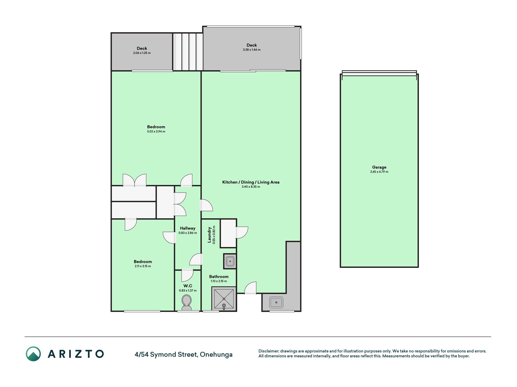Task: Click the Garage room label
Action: click(x=379, y=167)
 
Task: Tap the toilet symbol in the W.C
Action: click(x=187, y=303)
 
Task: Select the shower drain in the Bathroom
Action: click(x=224, y=306)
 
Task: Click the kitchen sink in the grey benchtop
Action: click(x=276, y=302)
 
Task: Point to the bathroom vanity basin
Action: click(x=230, y=261)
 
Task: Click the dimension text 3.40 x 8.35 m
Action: click(x=251, y=187)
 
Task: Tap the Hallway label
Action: click(x=188, y=228)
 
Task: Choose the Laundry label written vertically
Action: click(x=209, y=235)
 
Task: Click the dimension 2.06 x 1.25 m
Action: click(x=142, y=53)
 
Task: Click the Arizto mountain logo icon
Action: click(x=33, y=354)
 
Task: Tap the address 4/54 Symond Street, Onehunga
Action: click(x=184, y=354)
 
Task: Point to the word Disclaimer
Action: click(x=268, y=351)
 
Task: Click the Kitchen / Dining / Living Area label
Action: click(x=251, y=182)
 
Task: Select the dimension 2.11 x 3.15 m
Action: click(x=143, y=266)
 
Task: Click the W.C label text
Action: click(x=188, y=286)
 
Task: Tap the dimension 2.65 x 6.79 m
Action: click(x=379, y=172)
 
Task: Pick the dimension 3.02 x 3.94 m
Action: click(x=156, y=132)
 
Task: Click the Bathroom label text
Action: click(x=219, y=277)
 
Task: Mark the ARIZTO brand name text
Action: click(x=76, y=354)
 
